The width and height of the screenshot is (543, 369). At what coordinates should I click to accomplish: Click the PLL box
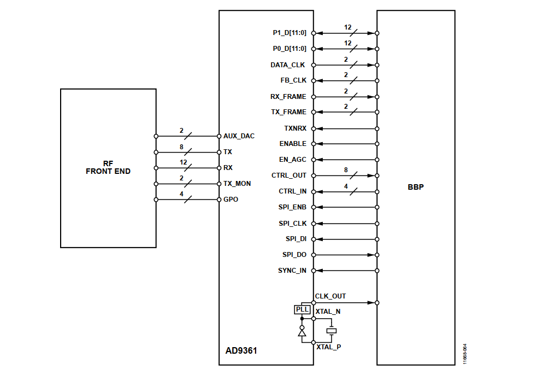pyautogui.click(x=302, y=309)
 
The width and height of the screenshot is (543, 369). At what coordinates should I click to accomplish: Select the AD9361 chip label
pyautogui.click(x=241, y=350)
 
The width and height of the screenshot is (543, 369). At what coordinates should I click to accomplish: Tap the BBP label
pyautogui.click(x=416, y=187)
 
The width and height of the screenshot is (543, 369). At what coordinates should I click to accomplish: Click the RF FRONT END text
pyautogui.click(x=108, y=167)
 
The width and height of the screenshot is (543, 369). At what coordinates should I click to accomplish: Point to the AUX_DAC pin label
pyautogui.click(x=239, y=136)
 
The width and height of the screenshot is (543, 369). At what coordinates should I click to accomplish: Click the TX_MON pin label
pyautogui.click(x=237, y=184)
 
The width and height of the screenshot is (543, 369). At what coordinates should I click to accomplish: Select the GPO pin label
pyautogui.click(x=231, y=200)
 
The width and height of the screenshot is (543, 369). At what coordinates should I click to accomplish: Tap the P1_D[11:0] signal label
pyautogui.click(x=290, y=33)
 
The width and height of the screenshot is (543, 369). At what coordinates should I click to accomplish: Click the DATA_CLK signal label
pyautogui.click(x=288, y=65)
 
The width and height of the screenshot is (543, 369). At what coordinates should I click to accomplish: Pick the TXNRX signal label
pyautogui.click(x=296, y=128)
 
